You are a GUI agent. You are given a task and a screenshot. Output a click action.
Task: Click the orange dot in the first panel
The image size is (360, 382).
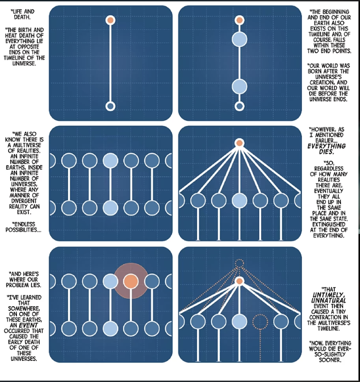[111, 20]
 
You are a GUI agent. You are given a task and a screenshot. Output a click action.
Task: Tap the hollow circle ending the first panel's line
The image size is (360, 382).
[111, 106]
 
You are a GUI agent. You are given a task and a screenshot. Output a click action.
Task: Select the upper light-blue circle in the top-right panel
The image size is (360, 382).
[239, 39]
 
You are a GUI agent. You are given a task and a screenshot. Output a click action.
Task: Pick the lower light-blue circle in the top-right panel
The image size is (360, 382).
[239, 86]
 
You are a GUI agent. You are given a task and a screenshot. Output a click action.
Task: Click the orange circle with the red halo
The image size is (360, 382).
[131, 281]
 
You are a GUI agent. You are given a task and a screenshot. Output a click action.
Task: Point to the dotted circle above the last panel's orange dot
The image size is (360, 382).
[239, 263]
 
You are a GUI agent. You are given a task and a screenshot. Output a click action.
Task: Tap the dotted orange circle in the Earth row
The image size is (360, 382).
[260, 322]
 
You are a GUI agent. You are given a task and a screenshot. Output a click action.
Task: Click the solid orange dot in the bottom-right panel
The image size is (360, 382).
[239, 281]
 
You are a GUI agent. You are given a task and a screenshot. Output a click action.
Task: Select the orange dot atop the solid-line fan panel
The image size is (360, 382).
[239, 143]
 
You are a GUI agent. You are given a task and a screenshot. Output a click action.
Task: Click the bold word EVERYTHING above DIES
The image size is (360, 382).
[327, 146]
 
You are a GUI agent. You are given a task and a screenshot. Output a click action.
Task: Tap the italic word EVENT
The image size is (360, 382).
[28, 325]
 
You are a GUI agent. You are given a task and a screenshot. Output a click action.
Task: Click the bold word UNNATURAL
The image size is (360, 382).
[329, 300]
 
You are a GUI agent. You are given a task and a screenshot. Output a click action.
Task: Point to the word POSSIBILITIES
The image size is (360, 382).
[23, 230]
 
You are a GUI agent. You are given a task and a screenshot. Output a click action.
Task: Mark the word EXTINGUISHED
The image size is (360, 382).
[329, 224]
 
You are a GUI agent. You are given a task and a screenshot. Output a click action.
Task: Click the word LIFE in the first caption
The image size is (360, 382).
[17, 11]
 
